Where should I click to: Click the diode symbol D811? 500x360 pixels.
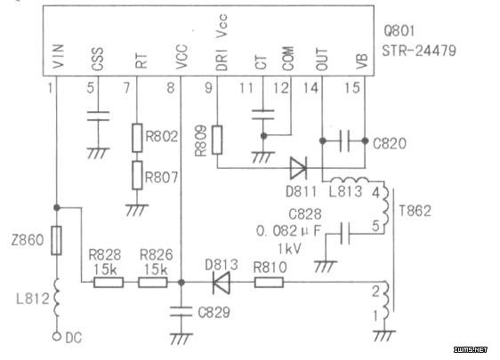coord(298,168)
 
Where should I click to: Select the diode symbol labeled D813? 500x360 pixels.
coord(221,283)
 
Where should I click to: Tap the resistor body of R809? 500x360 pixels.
coord(217,140)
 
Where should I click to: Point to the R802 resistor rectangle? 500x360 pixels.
coord(137,138)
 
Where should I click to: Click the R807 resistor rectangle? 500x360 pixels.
coord(137,175)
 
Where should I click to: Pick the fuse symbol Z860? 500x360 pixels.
coord(57,241)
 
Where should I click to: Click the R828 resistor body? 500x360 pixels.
coord(109,283)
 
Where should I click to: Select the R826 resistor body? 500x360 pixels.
coord(153,283)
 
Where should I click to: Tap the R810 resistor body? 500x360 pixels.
coord(269,283)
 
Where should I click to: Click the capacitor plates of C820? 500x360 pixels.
coord(344,140)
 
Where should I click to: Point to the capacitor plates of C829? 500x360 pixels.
coord(181,312)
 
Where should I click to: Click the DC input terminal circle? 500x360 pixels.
coord(57,337)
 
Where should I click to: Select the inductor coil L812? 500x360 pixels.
coord(57,298)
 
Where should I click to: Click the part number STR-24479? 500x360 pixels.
coord(419,51)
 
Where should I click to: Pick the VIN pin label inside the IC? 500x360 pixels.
coord(59,56)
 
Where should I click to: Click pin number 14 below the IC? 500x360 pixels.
coord(310,88)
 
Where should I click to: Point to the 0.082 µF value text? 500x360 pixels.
coord(288,231)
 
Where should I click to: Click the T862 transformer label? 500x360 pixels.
coord(415,211)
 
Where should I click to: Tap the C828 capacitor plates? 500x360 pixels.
coord(344,234)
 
